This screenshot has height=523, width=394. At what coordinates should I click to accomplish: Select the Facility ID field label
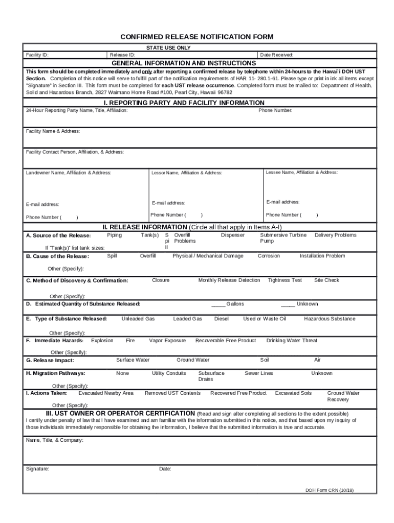(37, 55)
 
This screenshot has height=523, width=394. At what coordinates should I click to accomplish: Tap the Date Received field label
(276, 55)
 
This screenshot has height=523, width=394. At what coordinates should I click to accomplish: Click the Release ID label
(122, 55)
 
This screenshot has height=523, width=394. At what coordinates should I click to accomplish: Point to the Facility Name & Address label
(53, 131)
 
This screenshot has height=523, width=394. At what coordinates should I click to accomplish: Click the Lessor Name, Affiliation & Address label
(186, 173)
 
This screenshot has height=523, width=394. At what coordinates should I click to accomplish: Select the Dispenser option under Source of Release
(232, 235)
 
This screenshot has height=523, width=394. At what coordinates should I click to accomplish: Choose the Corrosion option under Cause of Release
(269, 256)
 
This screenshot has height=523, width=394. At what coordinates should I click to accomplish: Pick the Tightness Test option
(284, 280)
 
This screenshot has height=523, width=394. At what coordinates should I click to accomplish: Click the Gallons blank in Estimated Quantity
(218, 304)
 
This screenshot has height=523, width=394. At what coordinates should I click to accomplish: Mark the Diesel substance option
(221, 319)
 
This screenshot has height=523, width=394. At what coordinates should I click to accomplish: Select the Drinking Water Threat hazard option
(292, 341)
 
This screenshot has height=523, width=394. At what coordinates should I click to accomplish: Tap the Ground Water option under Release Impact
(193, 360)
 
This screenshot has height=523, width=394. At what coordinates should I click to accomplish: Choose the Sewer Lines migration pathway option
(258, 373)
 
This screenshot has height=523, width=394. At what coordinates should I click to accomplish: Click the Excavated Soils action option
(293, 393)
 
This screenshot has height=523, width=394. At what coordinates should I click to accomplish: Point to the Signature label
(37, 469)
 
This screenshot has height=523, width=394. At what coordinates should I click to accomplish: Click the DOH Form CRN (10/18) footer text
(330, 490)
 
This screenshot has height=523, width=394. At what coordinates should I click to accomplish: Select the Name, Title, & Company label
(54, 440)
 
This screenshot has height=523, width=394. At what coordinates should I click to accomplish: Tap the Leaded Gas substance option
(187, 319)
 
